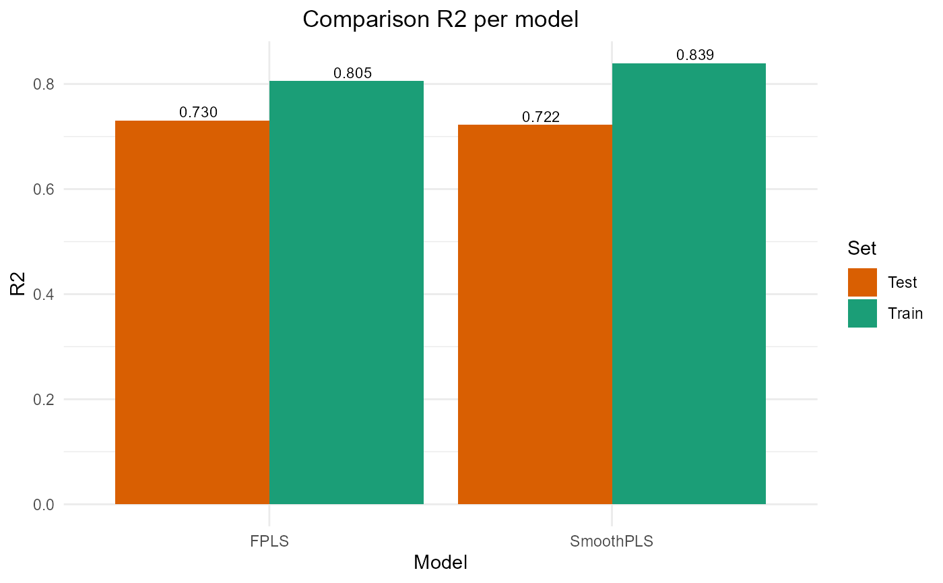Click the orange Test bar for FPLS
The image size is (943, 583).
click(x=192, y=312)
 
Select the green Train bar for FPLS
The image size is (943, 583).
click(x=346, y=293)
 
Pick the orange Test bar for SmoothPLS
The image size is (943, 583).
click(x=535, y=314)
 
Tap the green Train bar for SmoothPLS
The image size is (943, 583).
click(x=689, y=284)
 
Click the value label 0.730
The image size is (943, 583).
click(x=198, y=113)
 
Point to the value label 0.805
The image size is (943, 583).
click(x=353, y=73)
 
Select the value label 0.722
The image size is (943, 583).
click(x=541, y=117)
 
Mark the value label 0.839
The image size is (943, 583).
click(x=695, y=55)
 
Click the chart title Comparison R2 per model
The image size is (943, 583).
click(x=441, y=20)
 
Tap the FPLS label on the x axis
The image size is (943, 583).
click(x=269, y=541)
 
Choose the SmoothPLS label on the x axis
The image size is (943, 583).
click(x=612, y=541)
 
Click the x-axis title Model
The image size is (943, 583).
click(x=441, y=563)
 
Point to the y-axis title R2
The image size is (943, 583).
click(x=18, y=284)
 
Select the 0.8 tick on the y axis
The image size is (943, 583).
click(x=45, y=84)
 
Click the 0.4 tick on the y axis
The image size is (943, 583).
click(x=45, y=295)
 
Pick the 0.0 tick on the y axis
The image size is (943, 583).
click(x=45, y=505)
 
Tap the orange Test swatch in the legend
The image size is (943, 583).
click(x=862, y=282)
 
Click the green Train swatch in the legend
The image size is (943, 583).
click(x=862, y=313)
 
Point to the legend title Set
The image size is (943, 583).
click(x=862, y=249)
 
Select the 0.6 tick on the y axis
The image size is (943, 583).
click(x=45, y=189)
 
